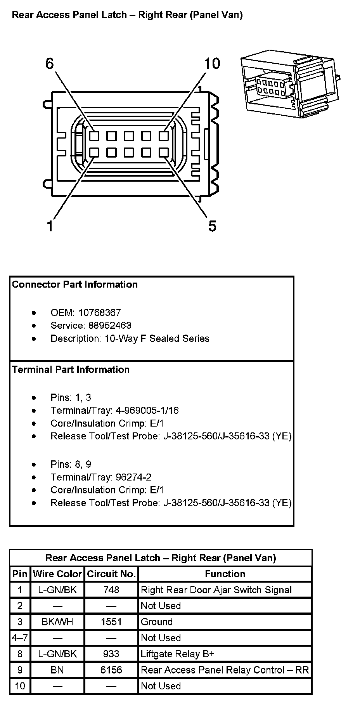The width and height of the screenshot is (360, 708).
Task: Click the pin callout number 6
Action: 50,63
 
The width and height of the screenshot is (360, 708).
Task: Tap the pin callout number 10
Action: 212,63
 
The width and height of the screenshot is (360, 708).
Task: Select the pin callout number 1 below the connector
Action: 50,226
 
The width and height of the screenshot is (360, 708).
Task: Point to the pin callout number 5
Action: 212,226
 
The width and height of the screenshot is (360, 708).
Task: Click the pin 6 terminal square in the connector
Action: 94,136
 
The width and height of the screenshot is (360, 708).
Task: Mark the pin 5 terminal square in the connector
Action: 163,152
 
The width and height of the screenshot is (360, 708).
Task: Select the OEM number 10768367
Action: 100,312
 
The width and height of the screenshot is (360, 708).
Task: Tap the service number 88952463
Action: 105,325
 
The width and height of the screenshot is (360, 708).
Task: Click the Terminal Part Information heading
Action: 71,370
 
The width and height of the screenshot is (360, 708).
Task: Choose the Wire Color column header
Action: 57,574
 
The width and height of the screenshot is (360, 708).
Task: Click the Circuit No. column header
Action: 111,574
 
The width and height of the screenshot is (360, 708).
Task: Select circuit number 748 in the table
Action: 111,590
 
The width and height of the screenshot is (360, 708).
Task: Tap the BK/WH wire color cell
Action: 57,622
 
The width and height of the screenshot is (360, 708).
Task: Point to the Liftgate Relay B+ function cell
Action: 178,654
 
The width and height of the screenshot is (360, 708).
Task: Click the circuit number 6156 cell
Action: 111,670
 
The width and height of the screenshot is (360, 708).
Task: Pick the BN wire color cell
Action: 57,670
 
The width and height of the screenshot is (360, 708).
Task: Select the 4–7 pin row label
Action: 20,638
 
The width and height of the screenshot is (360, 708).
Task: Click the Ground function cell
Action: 156,622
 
